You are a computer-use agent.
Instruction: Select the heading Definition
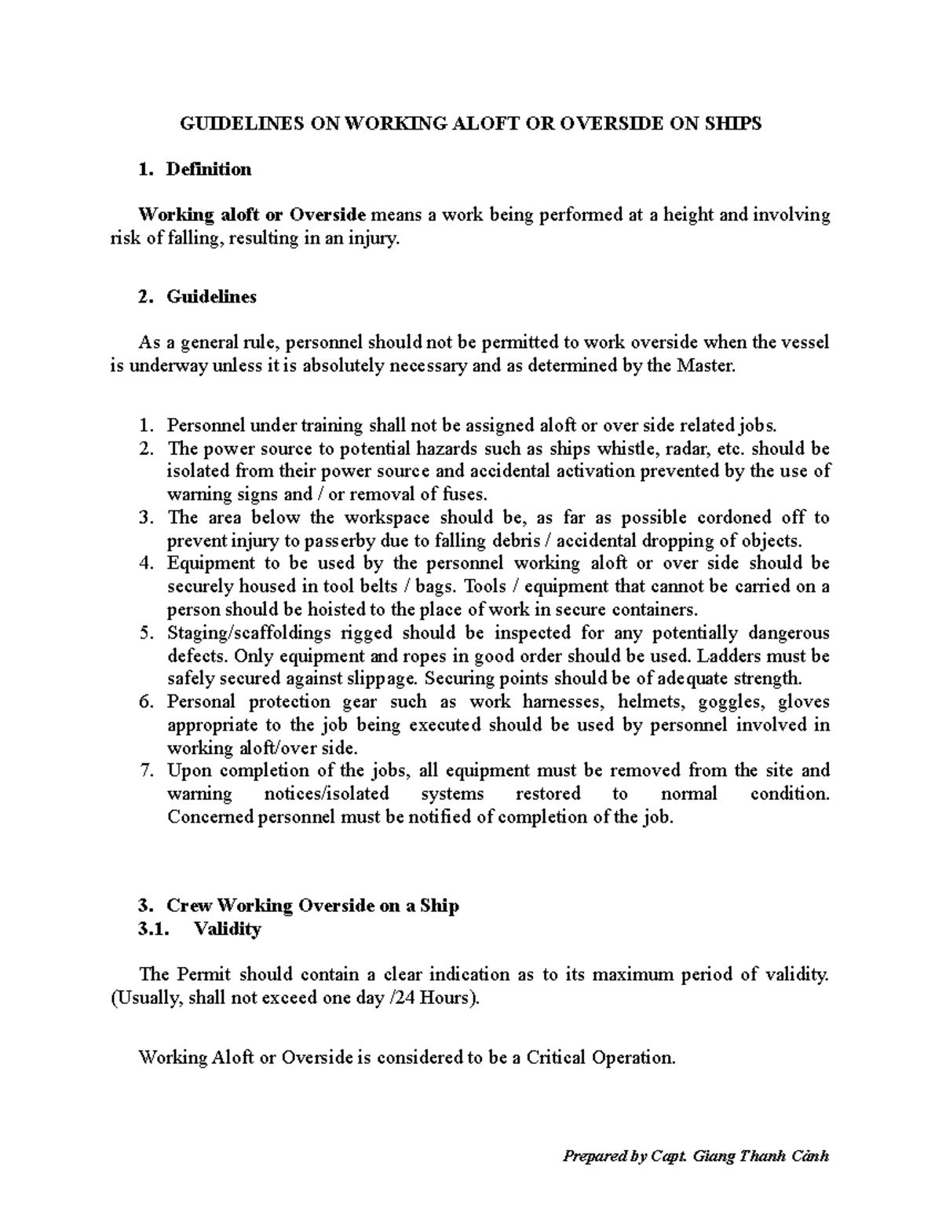click(209, 169)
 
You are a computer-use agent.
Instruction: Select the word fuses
click(466, 494)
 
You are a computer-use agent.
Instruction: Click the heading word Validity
click(228, 929)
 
